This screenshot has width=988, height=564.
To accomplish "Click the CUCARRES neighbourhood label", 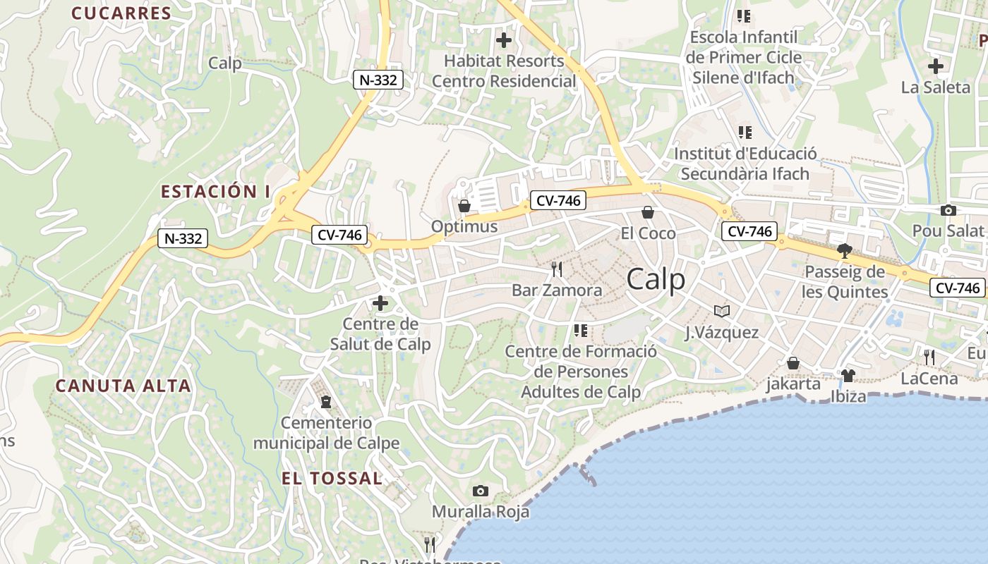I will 121,13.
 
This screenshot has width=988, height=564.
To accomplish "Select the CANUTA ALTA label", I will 123,386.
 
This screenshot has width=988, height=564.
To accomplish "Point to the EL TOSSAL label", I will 332,478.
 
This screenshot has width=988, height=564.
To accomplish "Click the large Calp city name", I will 656,280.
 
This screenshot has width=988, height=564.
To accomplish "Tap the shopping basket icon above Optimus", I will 464,206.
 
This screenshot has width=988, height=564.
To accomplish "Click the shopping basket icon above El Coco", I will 648,212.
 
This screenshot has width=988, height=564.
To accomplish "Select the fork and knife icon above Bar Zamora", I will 557,269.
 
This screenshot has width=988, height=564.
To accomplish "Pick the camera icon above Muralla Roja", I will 481,491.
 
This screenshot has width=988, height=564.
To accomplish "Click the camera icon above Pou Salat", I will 948,210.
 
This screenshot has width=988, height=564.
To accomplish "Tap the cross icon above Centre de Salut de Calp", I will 380,303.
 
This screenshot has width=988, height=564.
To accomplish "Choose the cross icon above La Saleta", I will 936,66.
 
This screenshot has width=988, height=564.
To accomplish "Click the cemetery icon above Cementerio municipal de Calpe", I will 326,402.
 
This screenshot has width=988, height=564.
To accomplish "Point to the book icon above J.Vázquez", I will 722,311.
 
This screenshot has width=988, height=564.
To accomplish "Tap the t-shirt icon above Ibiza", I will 848,375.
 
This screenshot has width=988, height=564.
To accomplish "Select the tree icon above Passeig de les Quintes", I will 844,250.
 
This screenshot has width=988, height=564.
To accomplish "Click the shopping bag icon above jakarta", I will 793,363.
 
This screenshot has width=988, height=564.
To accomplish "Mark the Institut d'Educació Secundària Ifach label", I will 745,163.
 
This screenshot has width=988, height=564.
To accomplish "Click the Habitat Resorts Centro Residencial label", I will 504,70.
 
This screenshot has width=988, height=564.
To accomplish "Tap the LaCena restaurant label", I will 929,379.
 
